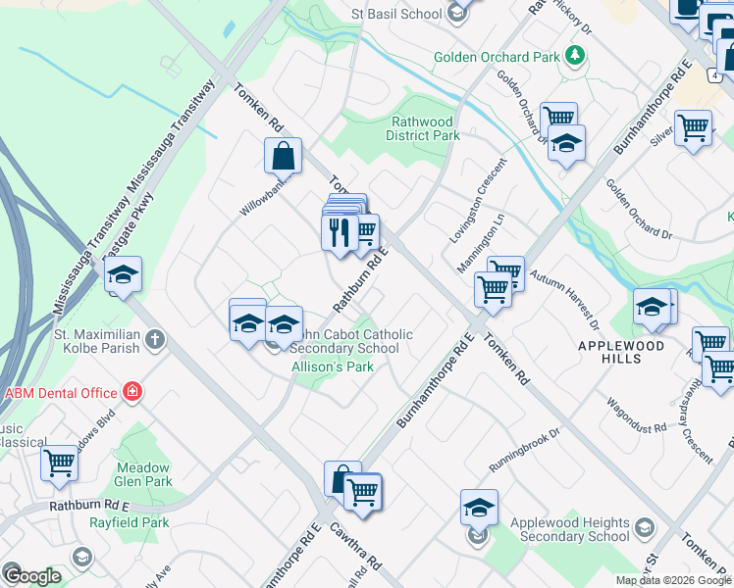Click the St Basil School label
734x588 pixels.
pyautogui.click(x=396, y=14)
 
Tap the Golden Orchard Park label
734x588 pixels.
pyautogui.click(x=497, y=57)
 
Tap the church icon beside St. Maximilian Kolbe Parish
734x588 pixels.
pyautogui.click(x=153, y=340)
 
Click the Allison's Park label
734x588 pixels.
pyautogui.click(x=333, y=367)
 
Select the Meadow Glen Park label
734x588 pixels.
pyautogui.click(x=143, y=474)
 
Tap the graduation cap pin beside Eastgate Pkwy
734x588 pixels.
pyautogui.click(x=124, y=276)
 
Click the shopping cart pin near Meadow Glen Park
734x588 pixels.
pyautogui.click(x=59, y=463)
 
